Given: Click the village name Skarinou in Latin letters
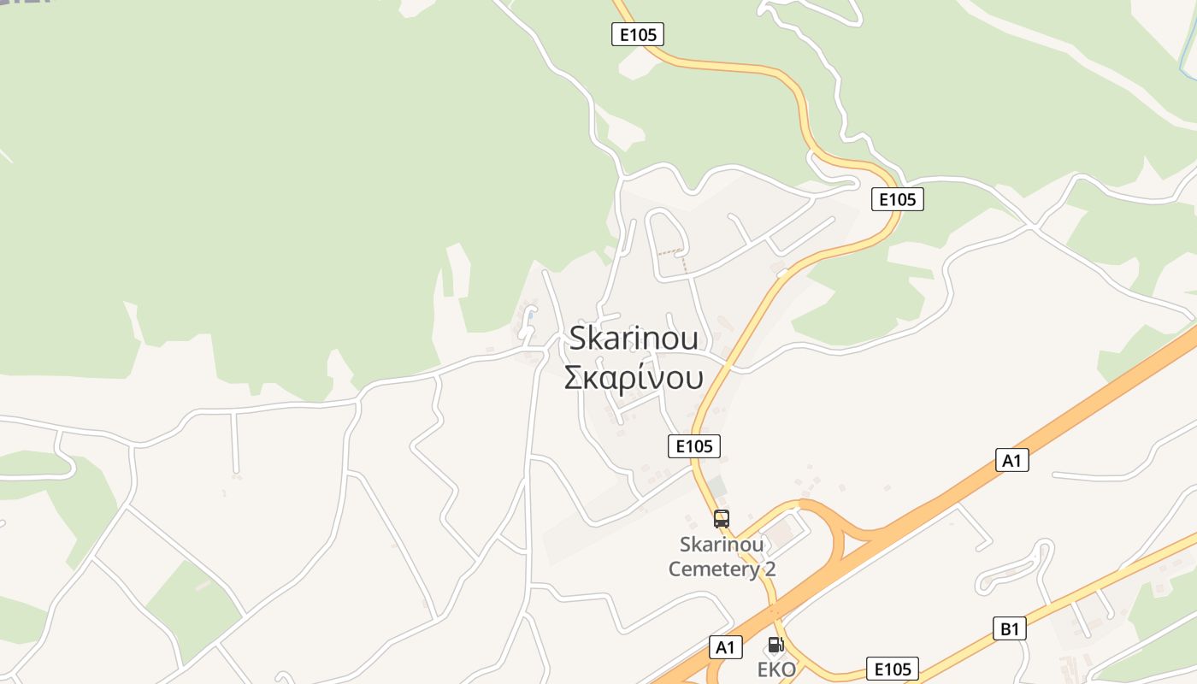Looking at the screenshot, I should (634, 338).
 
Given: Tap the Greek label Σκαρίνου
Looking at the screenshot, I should (634, 377).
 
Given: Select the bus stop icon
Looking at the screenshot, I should (722, 518).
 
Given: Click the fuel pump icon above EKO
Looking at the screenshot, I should (775, 645).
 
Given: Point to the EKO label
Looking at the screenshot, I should (776, 669).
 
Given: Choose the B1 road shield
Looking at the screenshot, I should (1010, 629).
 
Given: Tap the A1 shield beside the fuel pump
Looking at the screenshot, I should (725, 647).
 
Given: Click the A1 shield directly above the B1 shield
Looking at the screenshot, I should (1012, 460).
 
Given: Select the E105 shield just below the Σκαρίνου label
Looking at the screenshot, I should (693, 445).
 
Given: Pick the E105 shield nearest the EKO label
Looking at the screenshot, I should (893, 669).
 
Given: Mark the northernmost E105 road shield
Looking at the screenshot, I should (638, 34).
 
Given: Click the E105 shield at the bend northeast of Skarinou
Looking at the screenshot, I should (898, 199).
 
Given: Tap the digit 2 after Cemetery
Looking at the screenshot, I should (770, 569).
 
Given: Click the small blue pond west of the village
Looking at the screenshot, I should (530, 316).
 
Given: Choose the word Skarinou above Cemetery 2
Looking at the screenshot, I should (722, 545).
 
